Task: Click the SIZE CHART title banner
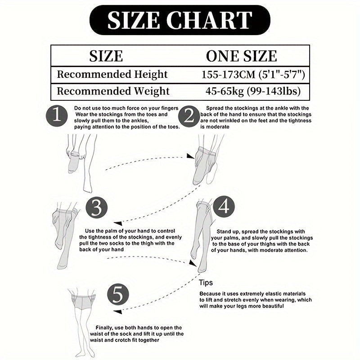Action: coord(180,20)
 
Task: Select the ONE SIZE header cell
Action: coord(242,56)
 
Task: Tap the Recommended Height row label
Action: coord(112,74)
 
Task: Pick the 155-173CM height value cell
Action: coord(253,75)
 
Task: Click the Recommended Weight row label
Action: coord(113,91)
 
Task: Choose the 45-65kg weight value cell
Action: coord(253,91)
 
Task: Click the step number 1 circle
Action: coord(57,116)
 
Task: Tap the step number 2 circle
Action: coord(189,116)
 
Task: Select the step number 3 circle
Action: coord(97,208)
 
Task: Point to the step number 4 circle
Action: coord(224,207)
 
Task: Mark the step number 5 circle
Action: coord(118,295)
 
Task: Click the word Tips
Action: coord(206,283)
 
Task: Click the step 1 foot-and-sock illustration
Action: coord(81,163)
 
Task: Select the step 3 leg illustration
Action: coord(65,235)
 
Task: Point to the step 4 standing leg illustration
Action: coord(202,237)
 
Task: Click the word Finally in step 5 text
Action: coord(104,328)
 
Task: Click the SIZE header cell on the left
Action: coord(106,56)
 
